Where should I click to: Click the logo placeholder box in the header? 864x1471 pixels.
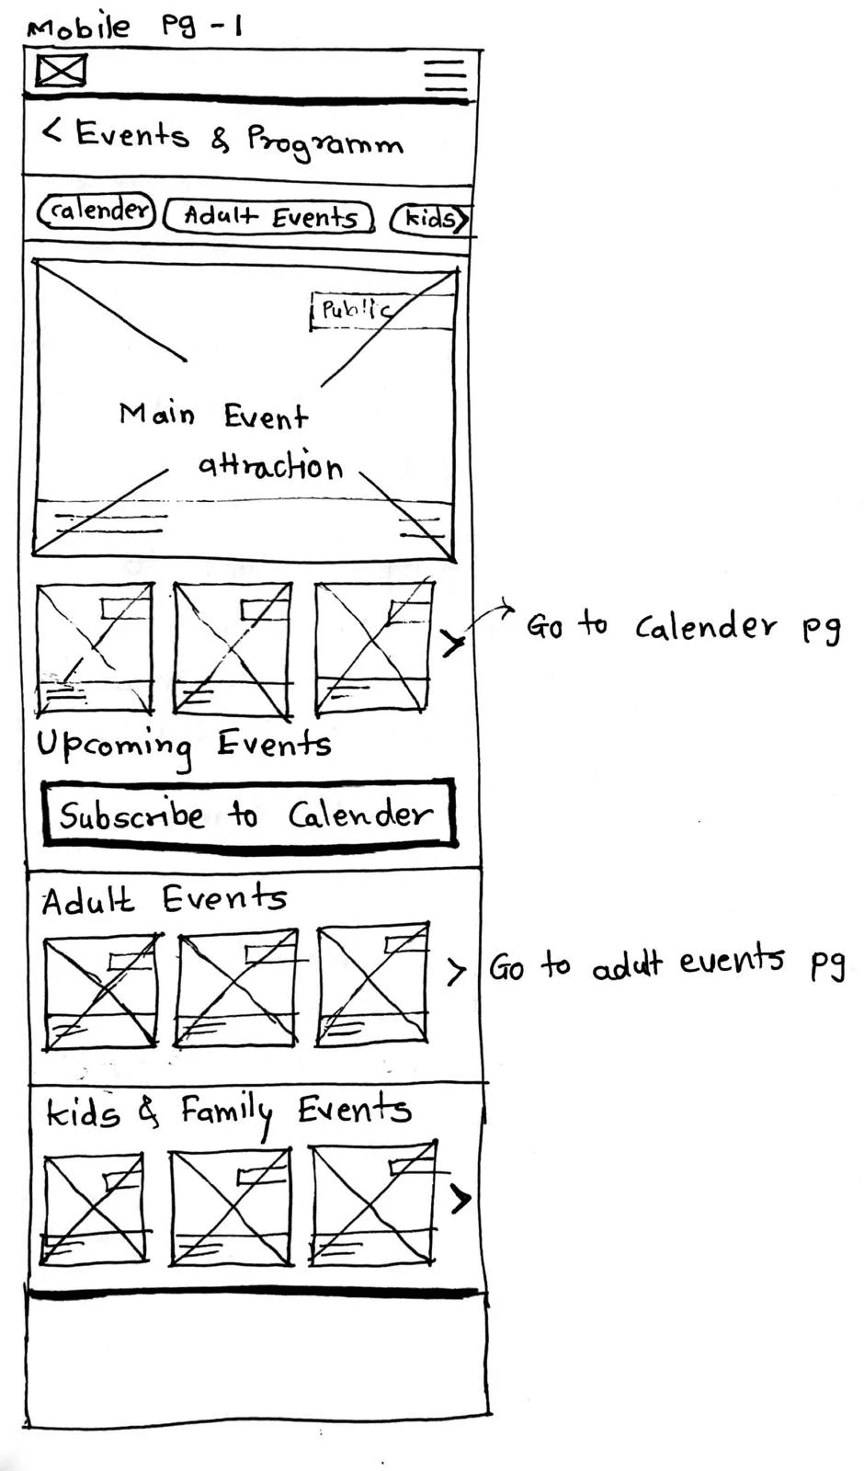coord(61,71)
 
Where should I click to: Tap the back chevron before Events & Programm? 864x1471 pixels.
coord(51,131)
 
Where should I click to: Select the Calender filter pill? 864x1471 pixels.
coord(97,211)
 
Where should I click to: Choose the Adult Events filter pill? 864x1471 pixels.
coord(269,217)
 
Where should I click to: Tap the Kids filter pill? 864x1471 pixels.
coord(430,219)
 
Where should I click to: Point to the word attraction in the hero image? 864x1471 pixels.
coord(270,465)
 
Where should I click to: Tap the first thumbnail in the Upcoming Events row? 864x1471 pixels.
coord(95,648)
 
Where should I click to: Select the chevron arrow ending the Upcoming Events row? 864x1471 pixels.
coord(452,643)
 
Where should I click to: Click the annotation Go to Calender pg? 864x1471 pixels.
coord(682,627)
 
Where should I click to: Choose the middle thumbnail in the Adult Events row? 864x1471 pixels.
coord(237,988)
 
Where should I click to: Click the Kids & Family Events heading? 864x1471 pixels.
coord(228,1112)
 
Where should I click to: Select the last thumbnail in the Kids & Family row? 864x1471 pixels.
coord(372,1203)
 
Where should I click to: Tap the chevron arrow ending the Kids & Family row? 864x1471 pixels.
coord(460,1197)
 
